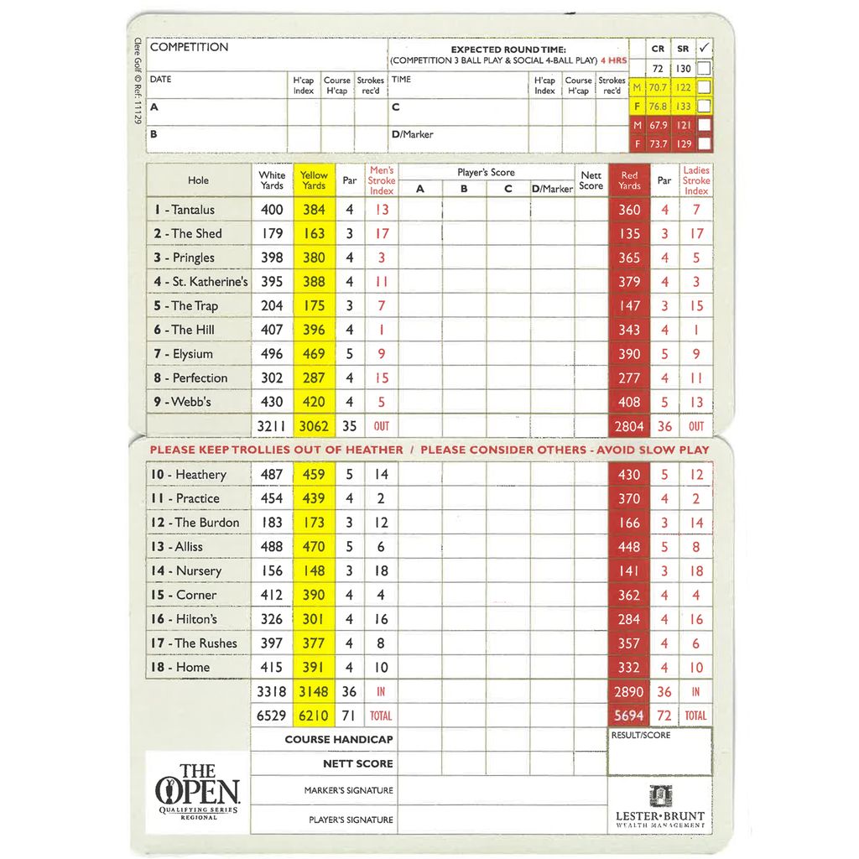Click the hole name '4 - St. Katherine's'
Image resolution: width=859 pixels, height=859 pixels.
point(200,282)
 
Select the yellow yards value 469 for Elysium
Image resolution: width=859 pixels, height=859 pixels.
point(314,354)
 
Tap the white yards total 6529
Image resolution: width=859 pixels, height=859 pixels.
point(271,716)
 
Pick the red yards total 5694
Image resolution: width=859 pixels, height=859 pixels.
point(629,716)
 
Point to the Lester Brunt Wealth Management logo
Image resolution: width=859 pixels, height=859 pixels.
point(659,807)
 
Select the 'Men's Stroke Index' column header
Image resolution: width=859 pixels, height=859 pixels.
point(382,180)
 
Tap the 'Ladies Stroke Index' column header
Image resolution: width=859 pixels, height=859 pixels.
point(695,180)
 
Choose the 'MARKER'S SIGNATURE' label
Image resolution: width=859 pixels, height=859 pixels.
point(348,790)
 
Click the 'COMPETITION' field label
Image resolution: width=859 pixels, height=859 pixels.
point(189,47)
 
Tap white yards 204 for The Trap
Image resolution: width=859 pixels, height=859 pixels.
point(272,306)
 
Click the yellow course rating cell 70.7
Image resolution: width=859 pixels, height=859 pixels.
point(658,87)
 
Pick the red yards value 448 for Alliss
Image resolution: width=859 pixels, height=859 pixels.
point(629,547)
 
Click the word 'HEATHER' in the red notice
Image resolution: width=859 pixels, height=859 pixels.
point(365,450)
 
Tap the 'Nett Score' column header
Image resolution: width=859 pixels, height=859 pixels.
point(591,180)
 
